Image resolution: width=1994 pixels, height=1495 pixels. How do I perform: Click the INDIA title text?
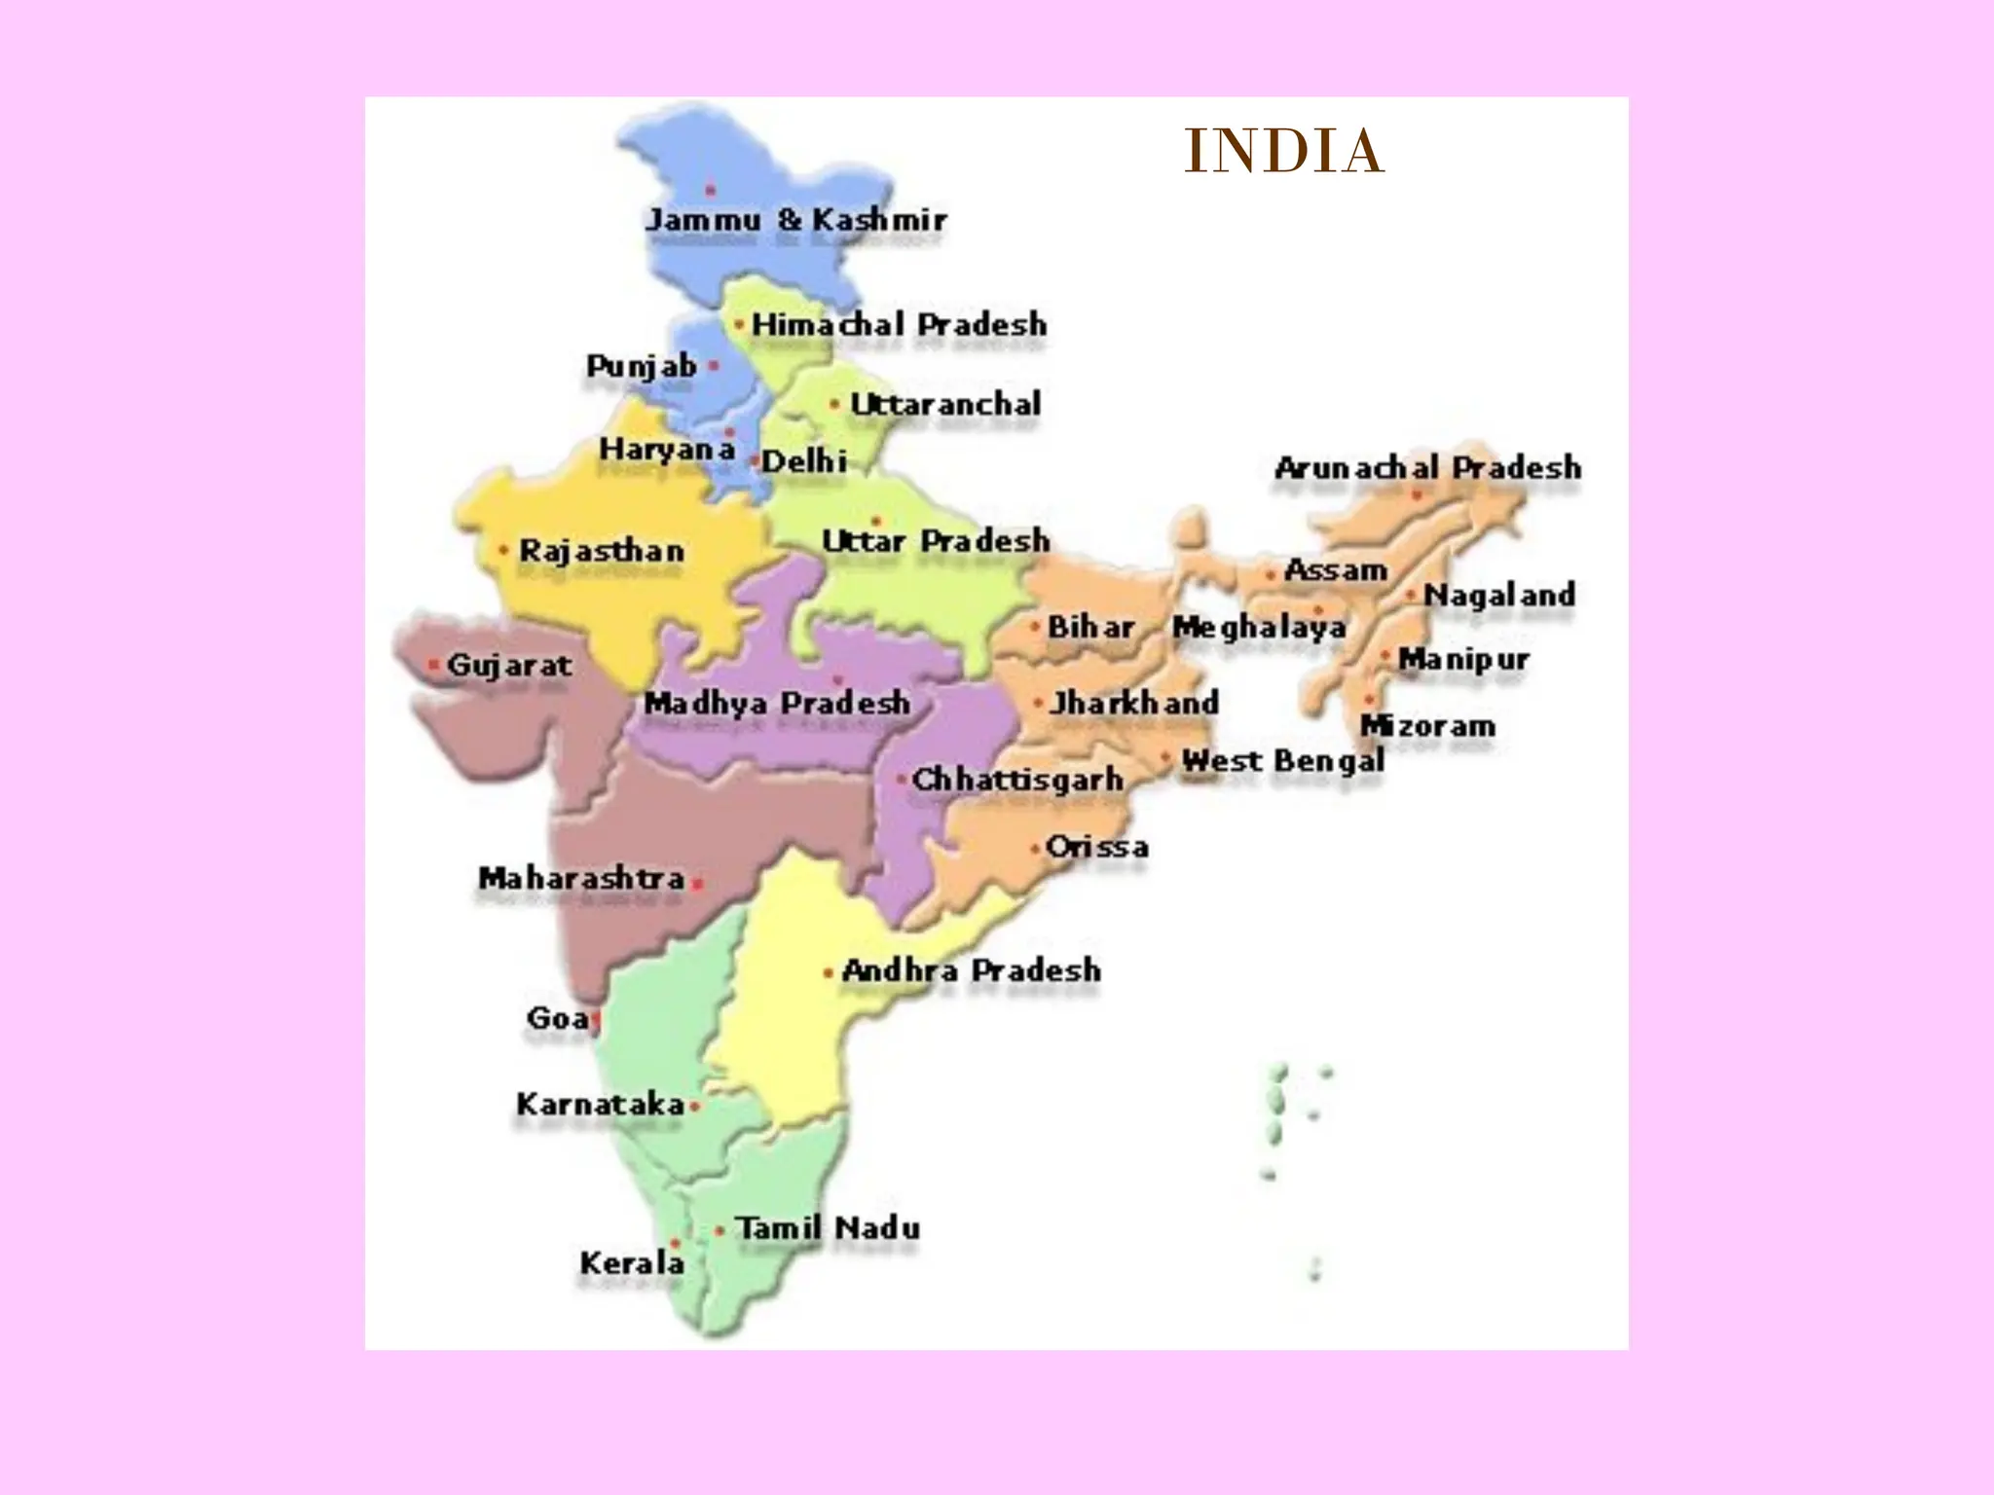click(1284, 152)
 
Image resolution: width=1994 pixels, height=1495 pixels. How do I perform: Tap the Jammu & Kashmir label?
click(795, 220)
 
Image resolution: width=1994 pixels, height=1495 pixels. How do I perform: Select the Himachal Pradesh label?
click(899, 324)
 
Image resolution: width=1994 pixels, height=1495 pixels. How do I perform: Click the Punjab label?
click(642, 367)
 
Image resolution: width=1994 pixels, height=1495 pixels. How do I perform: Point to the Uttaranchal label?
click(945, 404)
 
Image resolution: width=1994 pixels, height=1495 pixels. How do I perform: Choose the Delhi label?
click(803, 461)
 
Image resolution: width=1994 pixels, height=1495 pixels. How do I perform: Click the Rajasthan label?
click(602, 551)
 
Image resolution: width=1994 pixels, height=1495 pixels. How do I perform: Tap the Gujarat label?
click(509, 666)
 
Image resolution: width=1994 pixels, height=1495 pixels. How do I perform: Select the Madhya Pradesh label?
click(777, 703)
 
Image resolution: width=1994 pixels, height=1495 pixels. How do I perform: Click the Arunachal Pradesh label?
click(1427, 468)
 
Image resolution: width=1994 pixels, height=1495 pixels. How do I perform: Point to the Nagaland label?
click(1499, 595)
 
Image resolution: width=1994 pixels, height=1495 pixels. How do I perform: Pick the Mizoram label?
click(1427, 726)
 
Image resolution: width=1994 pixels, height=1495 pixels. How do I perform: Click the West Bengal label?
click(1282, 761)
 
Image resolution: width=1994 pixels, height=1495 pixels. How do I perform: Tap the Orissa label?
click(1096, 847)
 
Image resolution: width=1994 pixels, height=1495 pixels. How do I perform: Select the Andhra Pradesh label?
click(971, 970)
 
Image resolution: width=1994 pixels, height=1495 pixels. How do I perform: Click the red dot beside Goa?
click(595, 1020)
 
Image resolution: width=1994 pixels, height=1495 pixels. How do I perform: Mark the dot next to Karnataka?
click(694, 1107)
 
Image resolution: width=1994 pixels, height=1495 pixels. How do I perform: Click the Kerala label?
click(632, 1263)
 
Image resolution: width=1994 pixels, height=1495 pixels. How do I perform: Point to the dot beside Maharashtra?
click(697, 885)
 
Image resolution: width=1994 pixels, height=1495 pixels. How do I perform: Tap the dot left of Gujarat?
click(433, 666)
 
